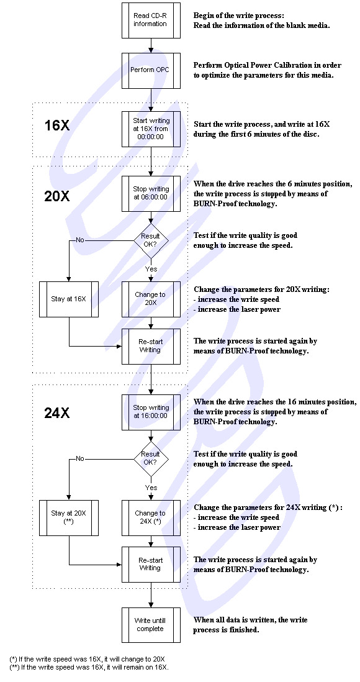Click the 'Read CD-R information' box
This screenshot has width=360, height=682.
coord(151,20)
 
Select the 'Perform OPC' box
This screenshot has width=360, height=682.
coord(151,70)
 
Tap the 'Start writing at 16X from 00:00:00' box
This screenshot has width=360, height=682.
coord(151,129)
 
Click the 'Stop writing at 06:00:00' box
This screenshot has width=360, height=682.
coord(151,193)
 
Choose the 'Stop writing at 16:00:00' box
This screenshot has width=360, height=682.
coord(151,411)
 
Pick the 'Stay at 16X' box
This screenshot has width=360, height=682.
coord(69,299)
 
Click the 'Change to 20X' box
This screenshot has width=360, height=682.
coord(151,299)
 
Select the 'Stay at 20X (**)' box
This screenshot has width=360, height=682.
coord(69,517)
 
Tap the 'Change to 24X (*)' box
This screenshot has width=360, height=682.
coord(151,517)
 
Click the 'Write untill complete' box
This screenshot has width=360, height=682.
coord(151,625)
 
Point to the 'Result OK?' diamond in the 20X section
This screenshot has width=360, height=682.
coord(150,240)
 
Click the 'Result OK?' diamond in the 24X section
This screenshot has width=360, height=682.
coord(150,458)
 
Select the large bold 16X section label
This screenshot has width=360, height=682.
coord(57,125)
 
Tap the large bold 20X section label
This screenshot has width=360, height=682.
coord(57,197)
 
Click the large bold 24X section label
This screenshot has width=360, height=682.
coord(57,413)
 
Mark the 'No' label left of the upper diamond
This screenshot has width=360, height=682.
coord(80,240)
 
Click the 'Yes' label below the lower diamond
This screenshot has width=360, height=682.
coord(151,488)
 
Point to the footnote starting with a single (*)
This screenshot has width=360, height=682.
coord(87,658)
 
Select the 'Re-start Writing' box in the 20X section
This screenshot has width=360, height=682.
coord(151,346)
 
